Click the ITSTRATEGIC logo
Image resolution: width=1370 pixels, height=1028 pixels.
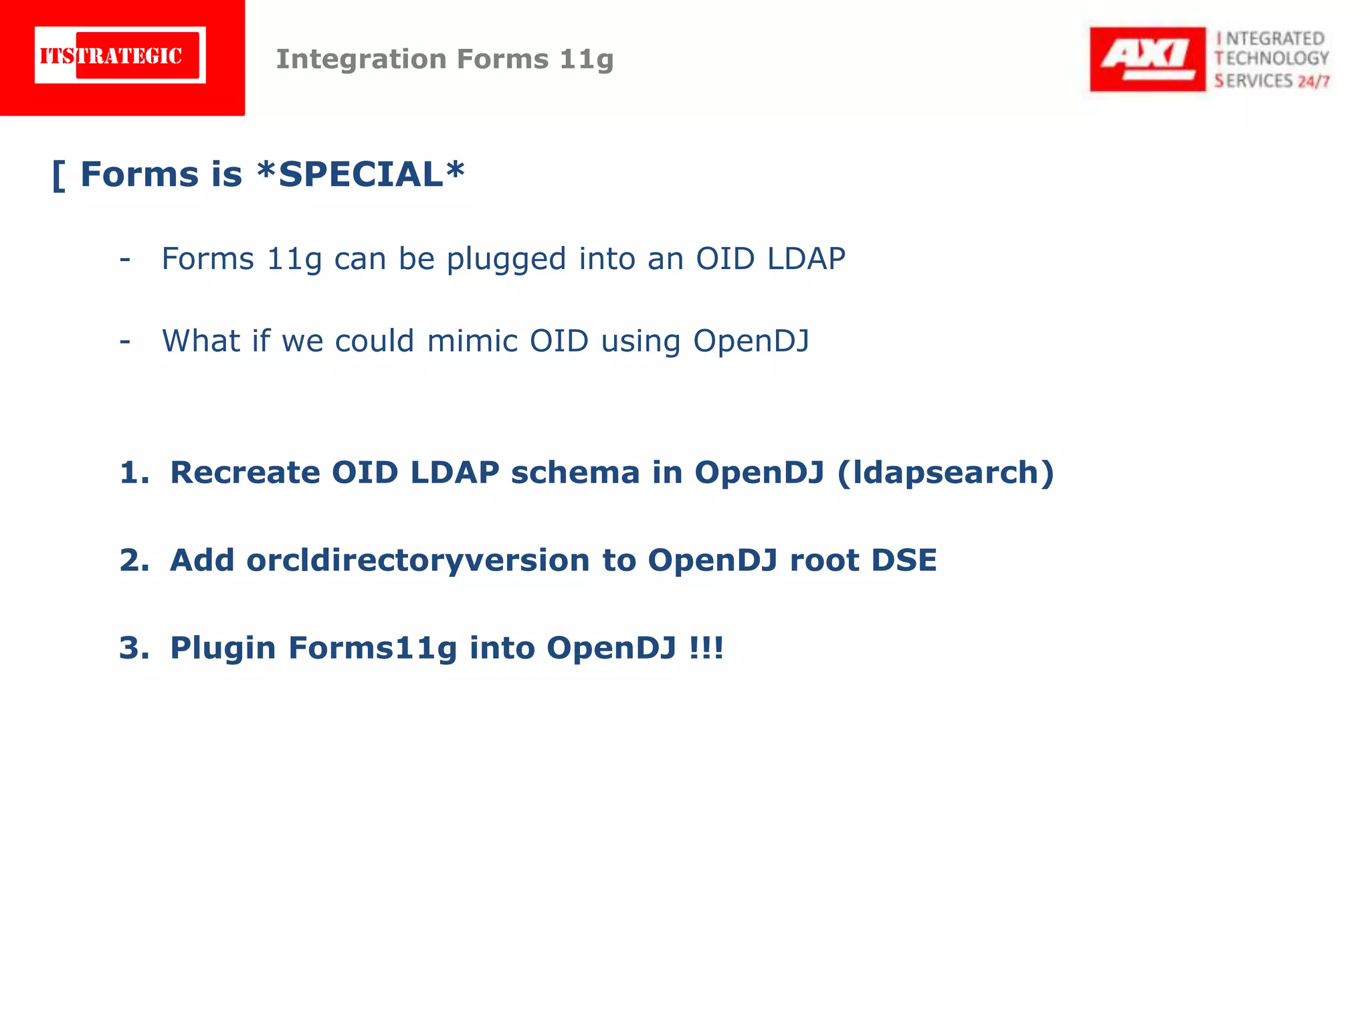click(x=120, y=56)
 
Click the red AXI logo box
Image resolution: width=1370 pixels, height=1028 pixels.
click(x=1147, y=59)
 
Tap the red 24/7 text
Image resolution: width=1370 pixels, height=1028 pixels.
click(x=1314, y=82)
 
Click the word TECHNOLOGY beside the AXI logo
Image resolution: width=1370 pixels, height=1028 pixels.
click(x=1272, y=59)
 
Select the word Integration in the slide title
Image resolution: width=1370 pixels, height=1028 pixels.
click(x=361, y=59)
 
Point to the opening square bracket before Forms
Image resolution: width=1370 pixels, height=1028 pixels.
click(x=59, y=175)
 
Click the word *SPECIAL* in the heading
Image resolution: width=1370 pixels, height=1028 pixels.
click(x=361, y=175)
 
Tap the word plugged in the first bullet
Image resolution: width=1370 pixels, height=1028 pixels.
click(x=506, y=260)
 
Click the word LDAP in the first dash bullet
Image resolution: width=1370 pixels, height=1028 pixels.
click(x=806, y=258)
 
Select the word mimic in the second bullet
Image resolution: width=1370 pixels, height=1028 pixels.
click(x=472, y=341)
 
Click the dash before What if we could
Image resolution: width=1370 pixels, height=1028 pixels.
click(x=125, y=341)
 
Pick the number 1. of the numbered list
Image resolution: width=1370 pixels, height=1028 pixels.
click(x=134, y=473)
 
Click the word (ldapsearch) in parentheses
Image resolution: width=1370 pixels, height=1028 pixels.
click(x=945, y=473)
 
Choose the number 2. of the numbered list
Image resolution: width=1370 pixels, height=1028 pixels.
click(x=134, y=560)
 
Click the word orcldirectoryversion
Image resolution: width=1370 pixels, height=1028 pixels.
click(x=417, y=561)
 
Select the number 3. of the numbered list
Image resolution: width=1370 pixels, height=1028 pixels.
click(x=134, y=648)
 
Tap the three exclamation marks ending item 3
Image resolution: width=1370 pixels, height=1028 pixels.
click(x=706, y=648)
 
